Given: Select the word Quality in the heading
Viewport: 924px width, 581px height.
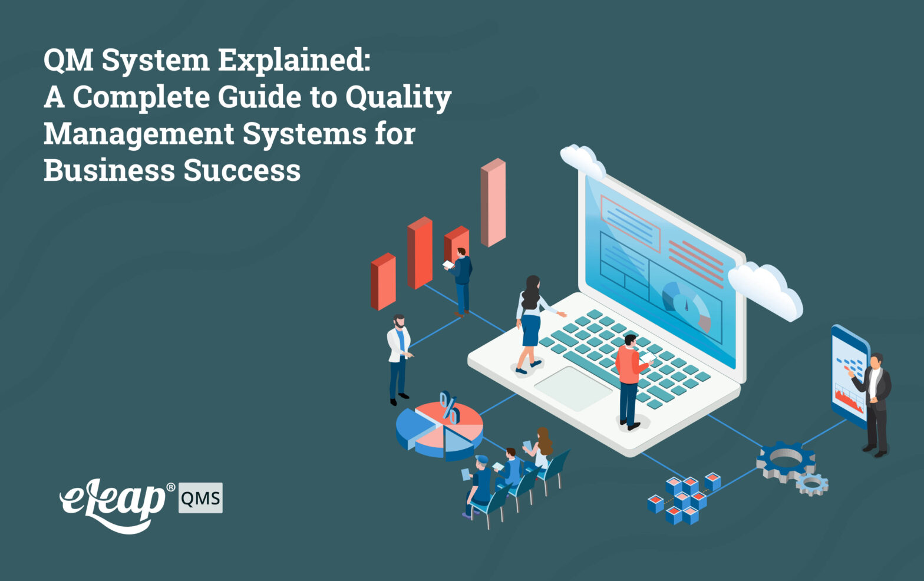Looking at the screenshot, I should pos(398,98).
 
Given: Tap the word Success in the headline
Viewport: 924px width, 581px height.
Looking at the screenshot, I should pos(242,171).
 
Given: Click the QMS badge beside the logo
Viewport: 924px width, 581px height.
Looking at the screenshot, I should pos(200,499).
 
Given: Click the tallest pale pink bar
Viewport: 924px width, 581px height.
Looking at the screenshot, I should pos(493,203).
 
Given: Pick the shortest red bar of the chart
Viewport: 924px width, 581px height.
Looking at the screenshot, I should pos(383,282).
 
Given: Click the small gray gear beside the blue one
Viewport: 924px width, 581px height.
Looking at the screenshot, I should pos(812,484).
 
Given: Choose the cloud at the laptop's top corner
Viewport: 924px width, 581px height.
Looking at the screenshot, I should pos(582,158).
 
